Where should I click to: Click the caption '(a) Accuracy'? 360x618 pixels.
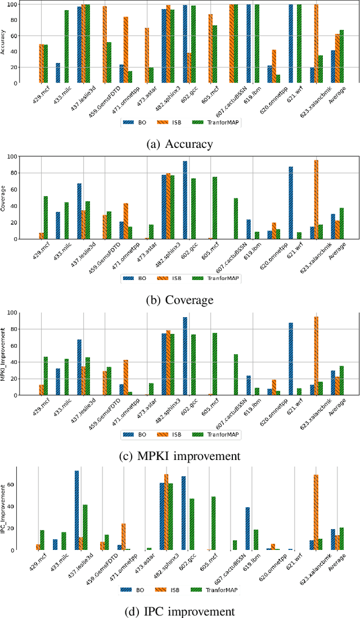pos(180,144)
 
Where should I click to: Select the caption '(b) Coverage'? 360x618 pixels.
pos(180,300)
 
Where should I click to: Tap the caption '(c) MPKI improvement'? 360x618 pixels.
pos(180,455)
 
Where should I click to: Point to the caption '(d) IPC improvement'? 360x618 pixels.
pos(180,611)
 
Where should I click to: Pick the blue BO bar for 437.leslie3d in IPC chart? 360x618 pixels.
pos(76,511)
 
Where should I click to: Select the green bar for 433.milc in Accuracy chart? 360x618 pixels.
pos(66,47)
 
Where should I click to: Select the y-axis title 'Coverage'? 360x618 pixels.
pos(4,197)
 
